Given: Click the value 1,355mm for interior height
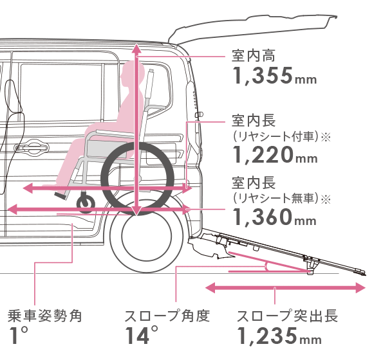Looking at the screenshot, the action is click(274, 76).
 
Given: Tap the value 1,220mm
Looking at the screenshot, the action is click(275, 155).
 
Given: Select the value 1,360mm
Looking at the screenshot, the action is click(274, 217).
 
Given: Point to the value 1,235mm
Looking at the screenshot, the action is click(279, 336).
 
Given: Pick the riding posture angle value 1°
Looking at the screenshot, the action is click(18, 336).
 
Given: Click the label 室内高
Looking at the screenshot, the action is click(253, 56).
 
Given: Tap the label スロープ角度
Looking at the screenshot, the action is click(167, 316).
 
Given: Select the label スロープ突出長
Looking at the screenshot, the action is click(287, 316).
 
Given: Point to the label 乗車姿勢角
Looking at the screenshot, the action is click(45, 316).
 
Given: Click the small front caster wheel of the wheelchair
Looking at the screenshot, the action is click(86, 203).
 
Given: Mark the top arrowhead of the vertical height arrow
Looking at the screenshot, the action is click(136, 48).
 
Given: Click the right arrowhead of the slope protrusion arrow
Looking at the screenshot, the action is click(361, 288).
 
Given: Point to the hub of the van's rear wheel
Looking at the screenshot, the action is click(147, 236).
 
